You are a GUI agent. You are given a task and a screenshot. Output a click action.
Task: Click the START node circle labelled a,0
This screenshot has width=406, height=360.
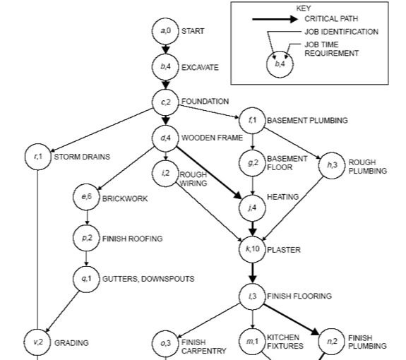165,31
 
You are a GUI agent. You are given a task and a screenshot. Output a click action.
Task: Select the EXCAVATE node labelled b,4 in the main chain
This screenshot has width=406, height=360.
165,67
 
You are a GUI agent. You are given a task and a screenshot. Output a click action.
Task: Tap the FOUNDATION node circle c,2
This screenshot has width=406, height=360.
165,102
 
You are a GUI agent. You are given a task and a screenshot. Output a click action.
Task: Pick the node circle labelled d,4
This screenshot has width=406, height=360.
165,138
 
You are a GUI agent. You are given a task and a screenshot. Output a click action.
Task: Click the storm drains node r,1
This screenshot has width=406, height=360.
38,157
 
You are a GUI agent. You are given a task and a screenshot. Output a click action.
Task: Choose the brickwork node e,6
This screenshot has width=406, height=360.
86,197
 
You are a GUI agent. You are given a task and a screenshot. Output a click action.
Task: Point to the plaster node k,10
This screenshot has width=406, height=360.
253,249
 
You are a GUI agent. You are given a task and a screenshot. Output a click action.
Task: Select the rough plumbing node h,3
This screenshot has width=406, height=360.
332,165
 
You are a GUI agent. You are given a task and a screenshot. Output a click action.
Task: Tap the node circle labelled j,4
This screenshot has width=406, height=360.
253,208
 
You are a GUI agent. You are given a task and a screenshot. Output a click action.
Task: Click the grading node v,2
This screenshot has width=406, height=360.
38,342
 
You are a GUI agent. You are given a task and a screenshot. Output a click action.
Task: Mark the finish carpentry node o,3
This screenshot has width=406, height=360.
165,344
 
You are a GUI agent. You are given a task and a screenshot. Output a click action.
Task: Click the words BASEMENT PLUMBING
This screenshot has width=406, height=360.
307,121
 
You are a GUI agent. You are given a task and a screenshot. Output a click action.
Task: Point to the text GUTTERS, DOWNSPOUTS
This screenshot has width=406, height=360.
148,279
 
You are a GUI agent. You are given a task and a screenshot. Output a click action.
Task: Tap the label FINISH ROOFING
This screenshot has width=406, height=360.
133,239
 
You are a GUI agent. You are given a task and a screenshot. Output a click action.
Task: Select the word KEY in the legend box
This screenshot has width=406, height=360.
304,8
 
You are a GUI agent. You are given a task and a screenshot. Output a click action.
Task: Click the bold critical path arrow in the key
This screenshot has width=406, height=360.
275,19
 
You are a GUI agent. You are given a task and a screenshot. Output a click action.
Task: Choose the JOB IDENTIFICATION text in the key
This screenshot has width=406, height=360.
342,32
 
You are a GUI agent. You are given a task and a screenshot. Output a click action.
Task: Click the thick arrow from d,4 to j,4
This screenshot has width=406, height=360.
209,173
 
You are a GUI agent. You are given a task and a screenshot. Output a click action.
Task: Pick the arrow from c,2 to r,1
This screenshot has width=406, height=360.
102,130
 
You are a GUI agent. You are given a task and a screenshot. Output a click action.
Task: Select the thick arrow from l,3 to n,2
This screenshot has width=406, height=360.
292,320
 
